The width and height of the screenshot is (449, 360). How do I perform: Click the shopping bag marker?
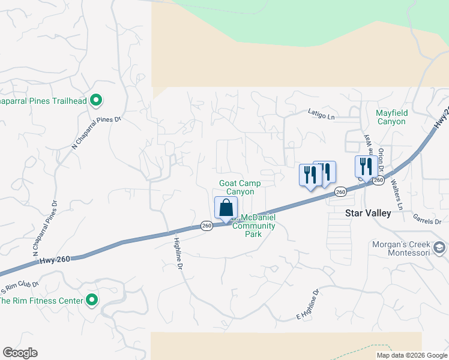pyautogui.click(x=226, y=208)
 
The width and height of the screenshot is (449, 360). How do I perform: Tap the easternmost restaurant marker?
pyautogui.click(x=366, y=166)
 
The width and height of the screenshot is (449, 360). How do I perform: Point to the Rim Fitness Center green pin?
pyautogui.click(x=92, y=299)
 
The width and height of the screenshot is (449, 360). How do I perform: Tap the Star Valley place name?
pyautogui.click(x=368, y=213)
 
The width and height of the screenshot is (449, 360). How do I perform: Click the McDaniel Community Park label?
pyautogui.click(x=253, y=226)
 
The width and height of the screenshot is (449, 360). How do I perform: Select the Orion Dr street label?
pyautogui.click(x=381, y=160)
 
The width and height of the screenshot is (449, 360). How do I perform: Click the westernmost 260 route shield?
pyautogui.click(x=206, y=226)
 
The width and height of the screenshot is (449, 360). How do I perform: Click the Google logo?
pyautogui.click(x=20, y=353)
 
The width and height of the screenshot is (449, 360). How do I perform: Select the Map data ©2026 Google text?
pyautogui.click(x=411, y=355)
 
